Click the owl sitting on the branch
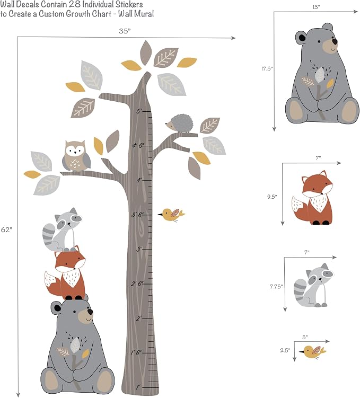(x=76, y=156)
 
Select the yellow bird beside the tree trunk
(x=171, y=215)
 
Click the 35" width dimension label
(x=125, y=31)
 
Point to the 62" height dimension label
(x=6, y=229)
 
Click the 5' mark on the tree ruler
(x=139, y=111)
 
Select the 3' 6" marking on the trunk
(x=138, y=215)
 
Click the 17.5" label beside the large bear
(x=267, y=68)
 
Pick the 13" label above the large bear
(x=316, y=7)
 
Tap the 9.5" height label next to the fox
(x=272, y=197)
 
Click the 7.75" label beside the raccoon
(x=276, y=287)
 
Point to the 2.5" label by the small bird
(x=285, y=350)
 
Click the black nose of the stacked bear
(x=90, y=312)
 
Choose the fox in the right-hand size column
(x=312, y=198)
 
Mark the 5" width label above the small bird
(x=305, y=338)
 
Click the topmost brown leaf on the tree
(x=146, y=53)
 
